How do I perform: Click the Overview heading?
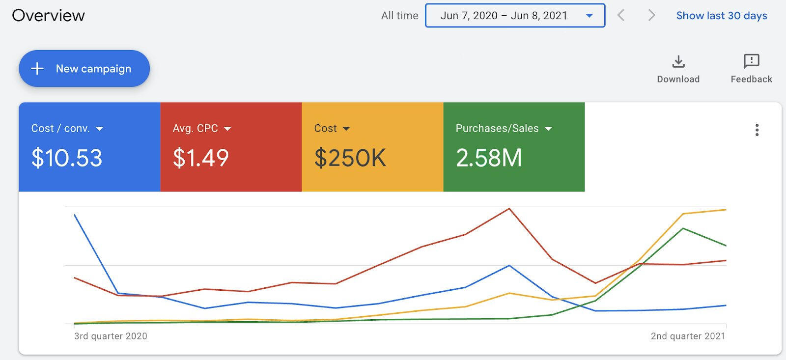click(49, 15)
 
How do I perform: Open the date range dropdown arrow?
click(589, 15)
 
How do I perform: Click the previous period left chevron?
click(621, 15)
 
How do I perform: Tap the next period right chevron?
click(651, 15)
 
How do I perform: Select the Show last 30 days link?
click(722, 15)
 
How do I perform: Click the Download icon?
click(678, 61)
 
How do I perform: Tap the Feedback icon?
click(751, 61)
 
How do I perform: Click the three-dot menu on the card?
click(757, 130)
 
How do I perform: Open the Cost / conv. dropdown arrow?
click(100, 129)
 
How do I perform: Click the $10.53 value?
click(67, 158)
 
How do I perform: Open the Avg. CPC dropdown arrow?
click(227, 129)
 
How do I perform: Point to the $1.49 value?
click(201, 158)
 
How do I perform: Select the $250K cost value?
click(350, 158)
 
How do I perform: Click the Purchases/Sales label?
click(497, 128)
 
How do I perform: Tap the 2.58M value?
click(489, 158)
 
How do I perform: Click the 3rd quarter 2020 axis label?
click(111, 336)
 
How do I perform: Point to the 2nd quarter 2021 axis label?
click(688, 336)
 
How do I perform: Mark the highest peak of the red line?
click(509, 209)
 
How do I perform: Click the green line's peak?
click(683, 228)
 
